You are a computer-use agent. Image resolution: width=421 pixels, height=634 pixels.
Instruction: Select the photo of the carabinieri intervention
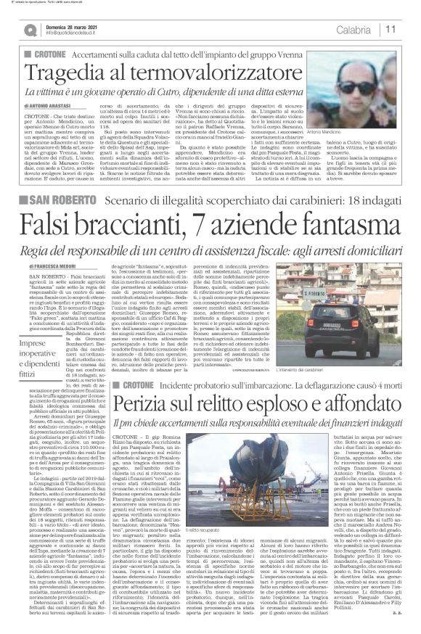(349, 294)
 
